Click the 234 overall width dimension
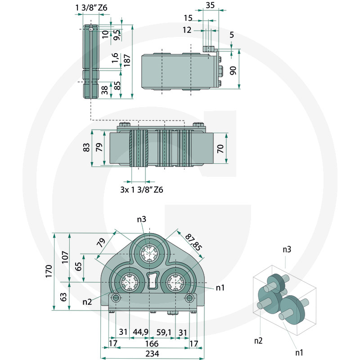click(x=152, y=354)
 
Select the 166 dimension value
click(x=152, y=343)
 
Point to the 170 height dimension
click(x=49, y=271)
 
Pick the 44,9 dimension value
click(x=141, y=332)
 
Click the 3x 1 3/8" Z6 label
click(x=141, y=189)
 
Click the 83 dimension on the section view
click(x=87, y=148)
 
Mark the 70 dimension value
click(x=220, y=148)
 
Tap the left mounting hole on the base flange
click(x=116, y=298)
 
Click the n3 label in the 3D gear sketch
click(x=286, y=248)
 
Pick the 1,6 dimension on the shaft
click(x=115, y=57)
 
